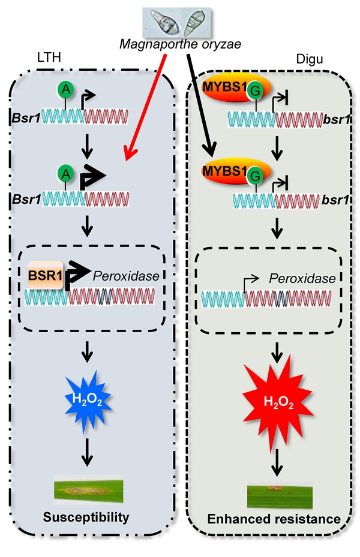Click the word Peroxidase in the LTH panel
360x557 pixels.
pyautogui.click(x=123, y=275)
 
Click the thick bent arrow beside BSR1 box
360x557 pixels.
pyautogui.click(x=76, y=274)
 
